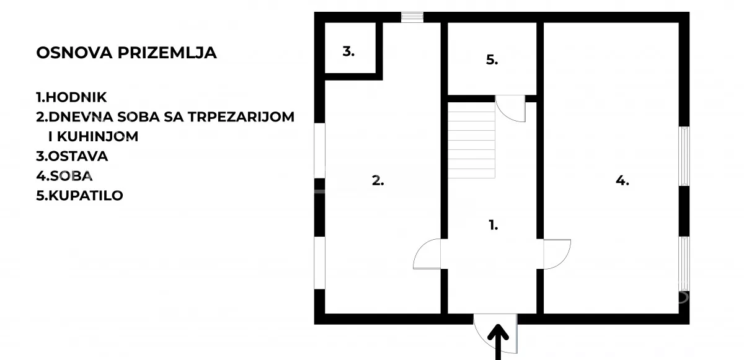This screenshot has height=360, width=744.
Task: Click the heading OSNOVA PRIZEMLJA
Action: tap(126, 53)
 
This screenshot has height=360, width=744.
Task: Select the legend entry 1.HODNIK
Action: tap(71, 97)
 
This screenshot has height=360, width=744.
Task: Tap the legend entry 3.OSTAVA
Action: tap(72, 156)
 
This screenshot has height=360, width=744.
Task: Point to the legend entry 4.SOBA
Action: tap(64, 176)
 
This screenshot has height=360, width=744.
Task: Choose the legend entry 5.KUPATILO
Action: tap(79, 195)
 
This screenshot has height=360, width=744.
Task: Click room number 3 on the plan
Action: tap(348, 51)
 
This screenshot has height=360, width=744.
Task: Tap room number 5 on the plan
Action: tap(492, 59)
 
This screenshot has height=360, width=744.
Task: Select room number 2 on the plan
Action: tap(378, 180)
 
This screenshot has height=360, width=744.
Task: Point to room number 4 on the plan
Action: tap(622, 180)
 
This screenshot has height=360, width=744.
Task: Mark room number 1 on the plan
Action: tap(494, 225)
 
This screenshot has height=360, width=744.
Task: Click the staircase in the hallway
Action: tap(471, 140)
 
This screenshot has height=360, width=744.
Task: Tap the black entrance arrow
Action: tap(498, 342)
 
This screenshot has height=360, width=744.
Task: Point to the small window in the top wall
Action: tap(412, 17)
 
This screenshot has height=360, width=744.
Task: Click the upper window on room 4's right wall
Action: tap(684, 156)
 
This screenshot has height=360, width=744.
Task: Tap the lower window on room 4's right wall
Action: tap(684, 264)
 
